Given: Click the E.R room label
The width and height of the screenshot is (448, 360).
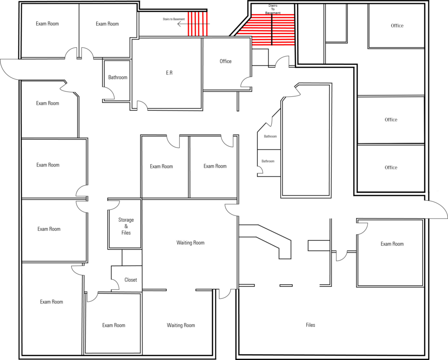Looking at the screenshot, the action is (x=169, y=73).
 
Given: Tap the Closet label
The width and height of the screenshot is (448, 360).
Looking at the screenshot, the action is (x=130, y=280).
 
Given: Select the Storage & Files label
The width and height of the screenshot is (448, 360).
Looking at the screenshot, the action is (x=126, y=226).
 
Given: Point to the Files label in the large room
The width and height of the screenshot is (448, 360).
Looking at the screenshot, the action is (x=310, y=325).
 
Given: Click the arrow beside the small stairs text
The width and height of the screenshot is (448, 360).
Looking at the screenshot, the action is (x=193, y=24).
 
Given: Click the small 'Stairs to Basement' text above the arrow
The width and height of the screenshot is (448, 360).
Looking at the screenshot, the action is (x=174, y=19).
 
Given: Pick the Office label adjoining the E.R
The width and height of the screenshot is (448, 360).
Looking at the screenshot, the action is (x=225, y=61).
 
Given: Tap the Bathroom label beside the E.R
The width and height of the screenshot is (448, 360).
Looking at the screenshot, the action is (x=118, y=77).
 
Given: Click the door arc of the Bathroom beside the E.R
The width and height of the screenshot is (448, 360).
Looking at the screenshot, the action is (x=112, y=91).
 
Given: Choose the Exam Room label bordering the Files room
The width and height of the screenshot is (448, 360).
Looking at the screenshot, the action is (x=392, y=244).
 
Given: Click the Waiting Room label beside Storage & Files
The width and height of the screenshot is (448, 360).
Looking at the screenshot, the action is (x=190, y=243).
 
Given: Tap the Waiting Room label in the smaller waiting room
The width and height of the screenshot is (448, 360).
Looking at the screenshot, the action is (x=181, y=325).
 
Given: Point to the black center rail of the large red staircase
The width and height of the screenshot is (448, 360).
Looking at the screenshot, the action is (x=272, y=30).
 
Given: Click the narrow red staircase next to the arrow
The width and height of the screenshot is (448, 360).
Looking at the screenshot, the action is (x=197, y=24).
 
